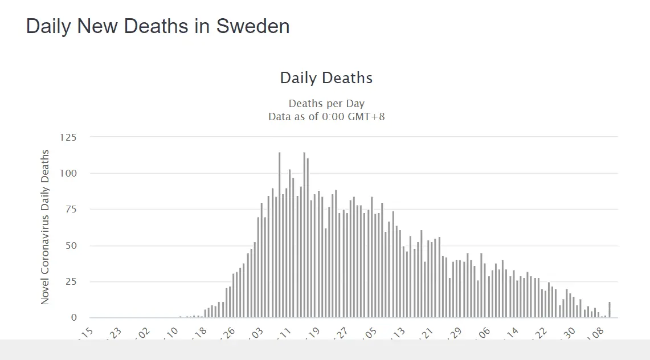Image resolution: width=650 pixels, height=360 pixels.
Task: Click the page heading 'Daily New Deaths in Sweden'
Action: click(x=158, y=26)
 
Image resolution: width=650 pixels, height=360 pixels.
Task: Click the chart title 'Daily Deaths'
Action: click(x=326, y=78)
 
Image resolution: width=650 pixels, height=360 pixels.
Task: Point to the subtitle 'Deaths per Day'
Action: click(x=326, y=104)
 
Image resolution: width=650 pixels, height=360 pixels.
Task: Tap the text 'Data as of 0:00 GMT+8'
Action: click(x=326, y=117)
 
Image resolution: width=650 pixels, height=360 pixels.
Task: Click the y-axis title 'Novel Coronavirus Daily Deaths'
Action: click(x=45, y=227)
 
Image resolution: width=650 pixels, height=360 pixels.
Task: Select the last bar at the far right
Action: click(x=610, y=310)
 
